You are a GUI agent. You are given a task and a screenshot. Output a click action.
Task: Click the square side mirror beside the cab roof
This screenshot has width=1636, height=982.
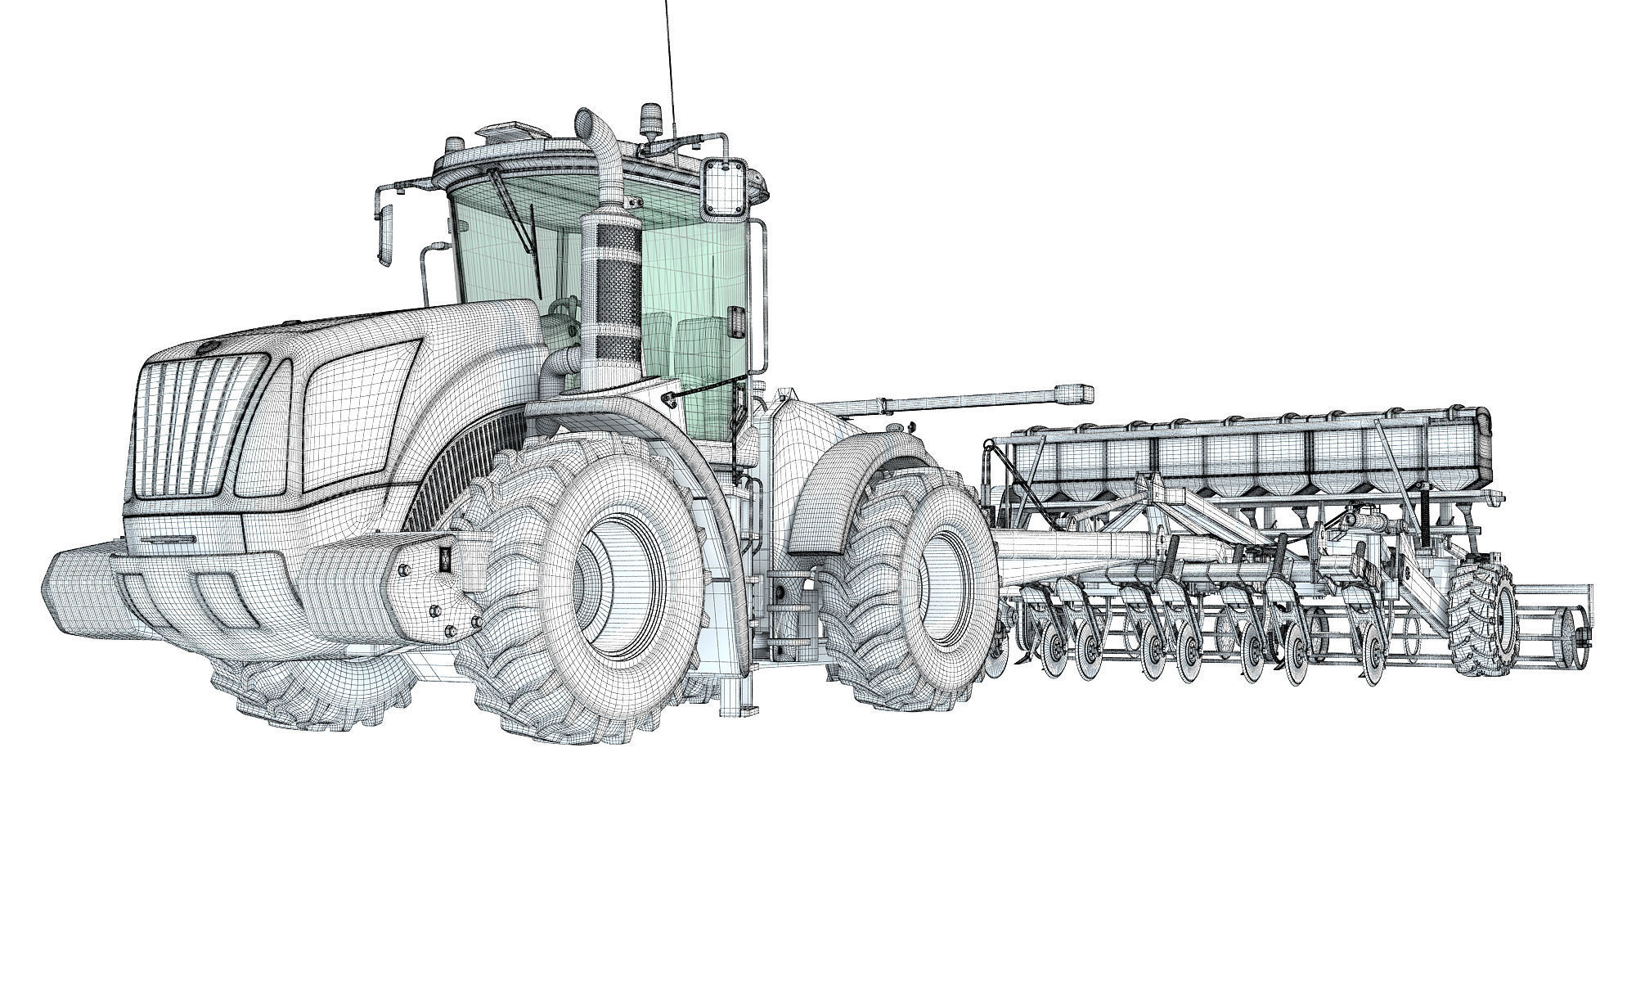724,188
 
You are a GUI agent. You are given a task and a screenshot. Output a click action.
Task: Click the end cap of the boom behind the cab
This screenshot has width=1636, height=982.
1075,392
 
